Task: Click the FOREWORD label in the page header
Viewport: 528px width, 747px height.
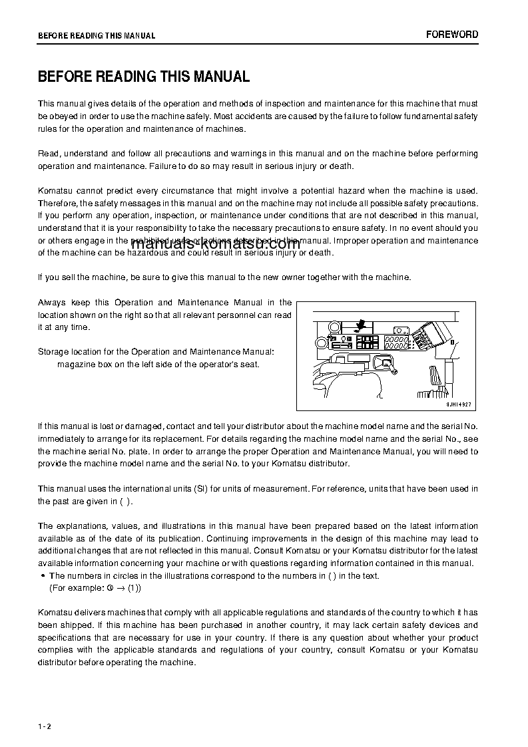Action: [452, 35]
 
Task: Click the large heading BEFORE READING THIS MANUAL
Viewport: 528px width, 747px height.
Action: [144, 76]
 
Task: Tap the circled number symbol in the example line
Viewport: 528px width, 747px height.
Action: [109, 589]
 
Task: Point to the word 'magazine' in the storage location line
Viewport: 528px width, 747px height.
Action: [74, 364]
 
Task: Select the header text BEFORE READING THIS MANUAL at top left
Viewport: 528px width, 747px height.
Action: [97, 36]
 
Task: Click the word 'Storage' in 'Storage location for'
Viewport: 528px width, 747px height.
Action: [53, 351]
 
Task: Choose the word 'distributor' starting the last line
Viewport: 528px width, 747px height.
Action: [57, 663]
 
